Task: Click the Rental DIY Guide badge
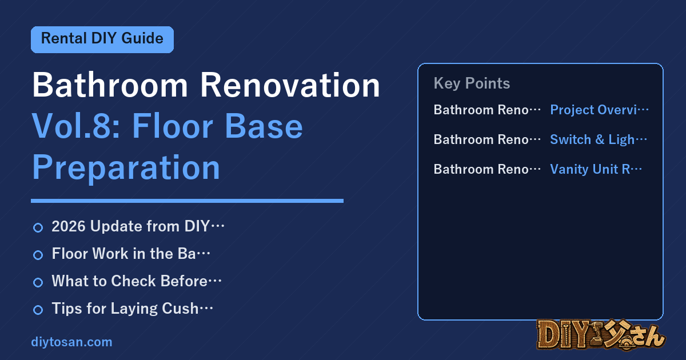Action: (x=102, y=39)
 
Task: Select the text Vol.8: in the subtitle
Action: (x=76, y=126)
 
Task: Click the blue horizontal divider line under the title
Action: (x=187, y=201)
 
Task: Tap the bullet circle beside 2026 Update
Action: (x=38, y=227)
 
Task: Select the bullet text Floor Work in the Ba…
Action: (x=131, y=254)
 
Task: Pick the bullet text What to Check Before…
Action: (x=137, y=281)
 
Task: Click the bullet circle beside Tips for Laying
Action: (x=38, y=310)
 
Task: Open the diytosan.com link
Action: (x=71, y=342)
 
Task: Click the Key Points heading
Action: (x=472, y=83)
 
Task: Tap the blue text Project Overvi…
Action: (x=599, y=110)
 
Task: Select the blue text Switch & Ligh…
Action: (x=599, y=139)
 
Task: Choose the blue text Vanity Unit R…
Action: (x=596, y=169)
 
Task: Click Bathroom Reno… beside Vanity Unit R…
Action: (x=487, y=169)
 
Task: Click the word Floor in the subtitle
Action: (x=173, y=126)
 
